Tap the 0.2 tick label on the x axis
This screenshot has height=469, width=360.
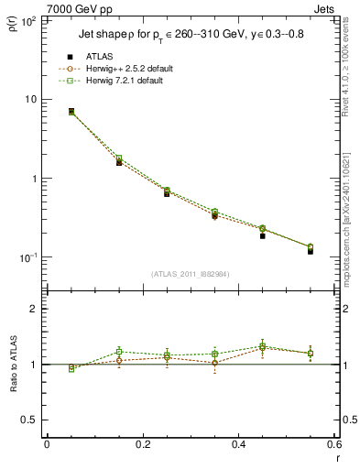coord(142,445)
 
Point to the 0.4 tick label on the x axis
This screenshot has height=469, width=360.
coord(238,445)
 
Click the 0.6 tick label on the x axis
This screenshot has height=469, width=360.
coord(333,445)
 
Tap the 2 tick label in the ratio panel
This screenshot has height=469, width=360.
coord(33,310)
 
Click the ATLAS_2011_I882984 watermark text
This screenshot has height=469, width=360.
coord(189,274)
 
